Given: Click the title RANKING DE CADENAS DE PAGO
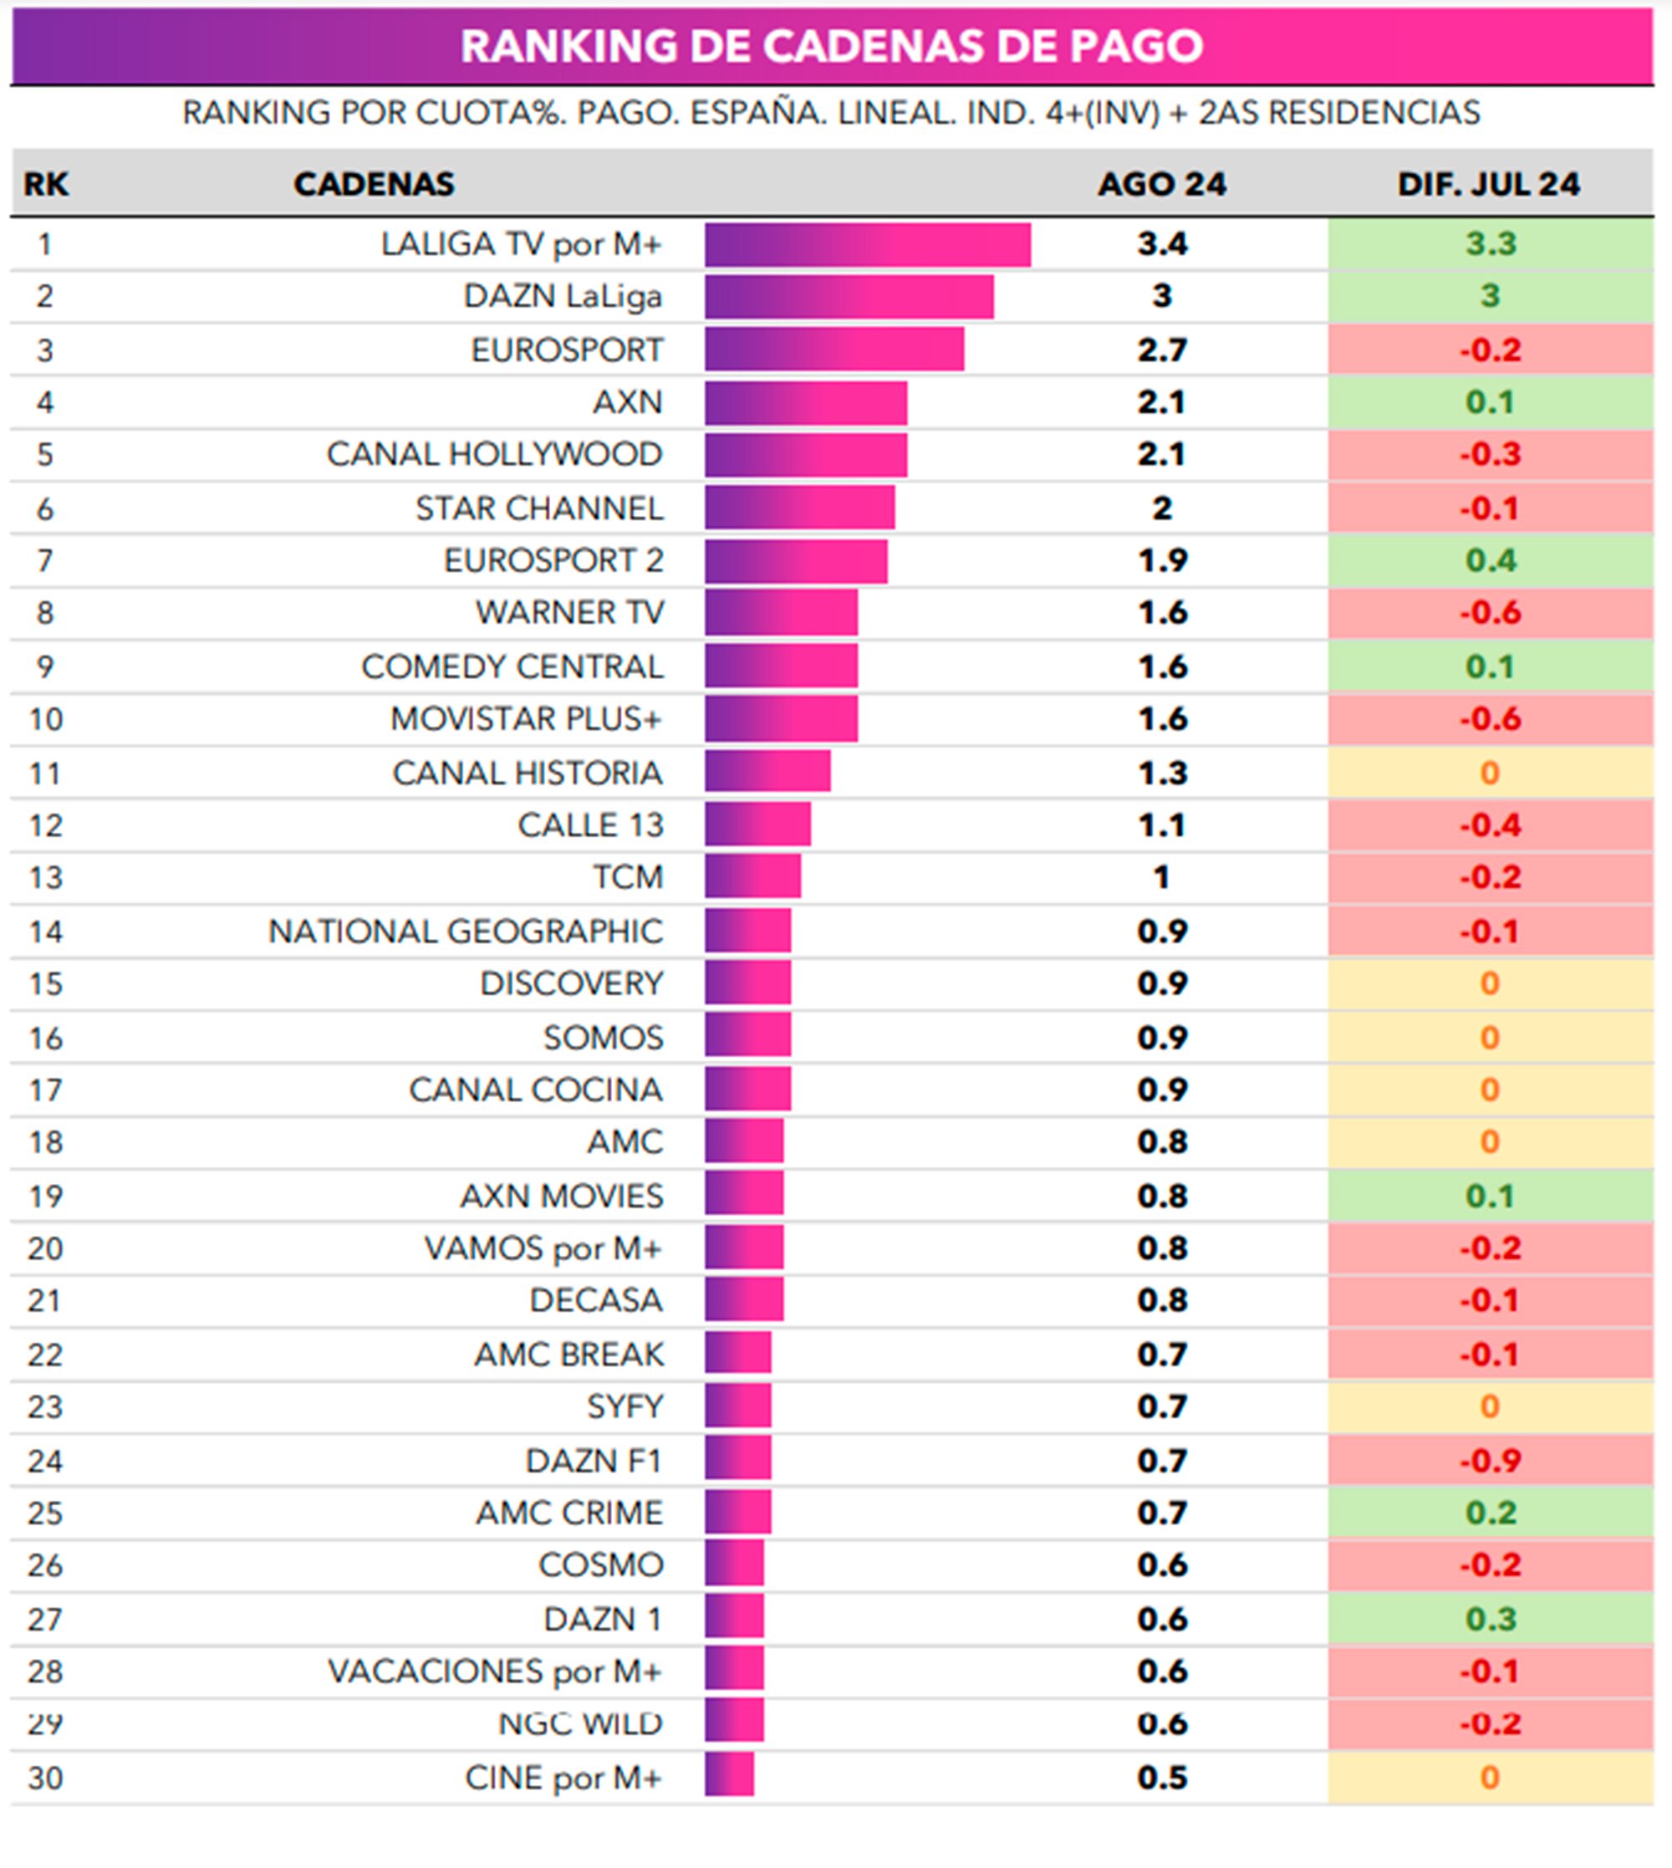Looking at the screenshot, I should coord(832,46).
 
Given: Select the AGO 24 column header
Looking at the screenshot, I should coord(1161,184).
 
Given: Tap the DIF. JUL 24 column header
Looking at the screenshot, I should coord(1488,184).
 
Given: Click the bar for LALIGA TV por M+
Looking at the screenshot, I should coord(867,244).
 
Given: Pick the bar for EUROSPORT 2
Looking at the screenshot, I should coord(796,560).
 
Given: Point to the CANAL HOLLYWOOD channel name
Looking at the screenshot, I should coord(494,454).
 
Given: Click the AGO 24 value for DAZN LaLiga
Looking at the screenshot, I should coord(1161,296).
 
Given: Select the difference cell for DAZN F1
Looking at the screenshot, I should coord(1489,1460).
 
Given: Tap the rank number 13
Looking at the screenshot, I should coord(45,877).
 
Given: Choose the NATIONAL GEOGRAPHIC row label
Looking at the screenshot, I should coord(465,931).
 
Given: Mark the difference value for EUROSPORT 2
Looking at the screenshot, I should coord(1489,560).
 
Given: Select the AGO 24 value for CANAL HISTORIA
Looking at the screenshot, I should coord(1161,773).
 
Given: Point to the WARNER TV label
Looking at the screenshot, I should coord(568,612).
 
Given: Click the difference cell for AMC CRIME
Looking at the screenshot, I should coord(1489,1513).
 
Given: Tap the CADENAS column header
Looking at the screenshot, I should coord(373,184).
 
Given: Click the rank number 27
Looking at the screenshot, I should coord(45,1619).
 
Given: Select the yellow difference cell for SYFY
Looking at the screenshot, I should coord(1489,1406).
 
